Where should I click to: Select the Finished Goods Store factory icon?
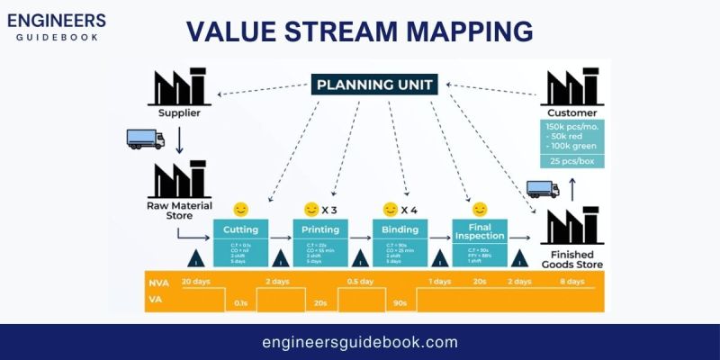572,228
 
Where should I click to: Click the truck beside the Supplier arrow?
146,139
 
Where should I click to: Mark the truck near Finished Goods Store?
542,189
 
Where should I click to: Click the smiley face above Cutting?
240,209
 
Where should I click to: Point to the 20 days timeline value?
196,282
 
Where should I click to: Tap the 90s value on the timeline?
399,303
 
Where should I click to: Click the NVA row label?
158,282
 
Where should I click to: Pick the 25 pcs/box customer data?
572,161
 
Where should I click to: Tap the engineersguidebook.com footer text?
360,342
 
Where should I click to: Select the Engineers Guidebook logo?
59,28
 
